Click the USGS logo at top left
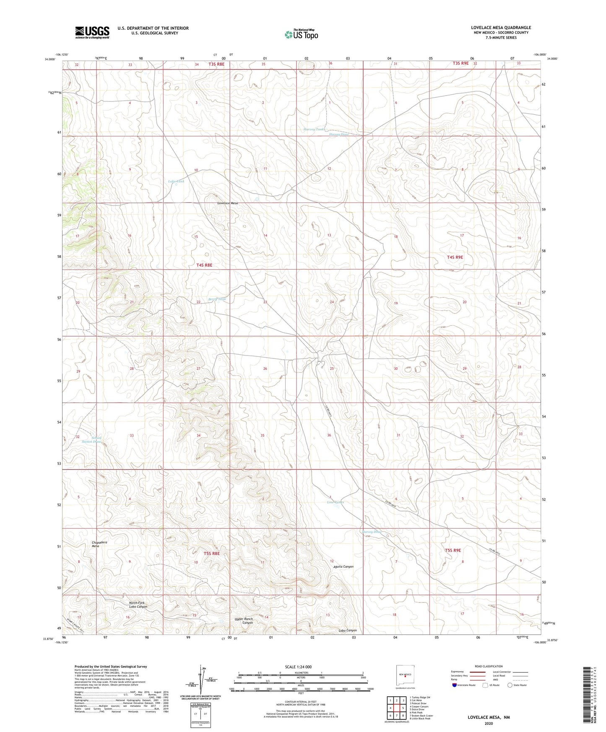(x=92, y=32)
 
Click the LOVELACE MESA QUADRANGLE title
(x=501, y=28)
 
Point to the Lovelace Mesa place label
(x=227, y=203)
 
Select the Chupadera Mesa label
(x=99, y=544)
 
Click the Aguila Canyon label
(x=343, y=566)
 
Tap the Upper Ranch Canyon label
(x=244, y=621)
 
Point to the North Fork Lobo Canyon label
(x=138, y=605)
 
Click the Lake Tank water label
(x=176, y=181)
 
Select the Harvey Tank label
(x=314, y=130)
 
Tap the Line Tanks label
(x=335, y=502)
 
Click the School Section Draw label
(x=91, y=439)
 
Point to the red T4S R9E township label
(x=455, y=257)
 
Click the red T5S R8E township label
(x=212, y=553)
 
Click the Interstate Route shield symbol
(x=455, y=685)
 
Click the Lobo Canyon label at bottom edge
(x=347, y=631)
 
